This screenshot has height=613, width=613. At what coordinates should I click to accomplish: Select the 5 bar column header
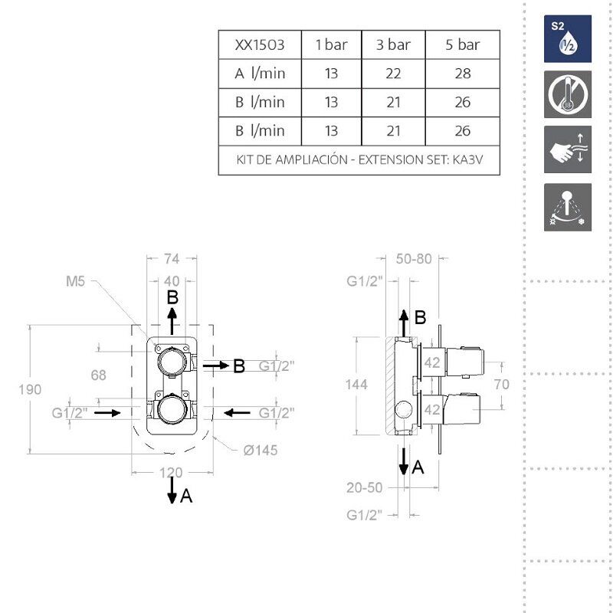pos(462,45)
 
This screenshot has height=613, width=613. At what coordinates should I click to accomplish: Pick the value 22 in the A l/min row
pos(393,74)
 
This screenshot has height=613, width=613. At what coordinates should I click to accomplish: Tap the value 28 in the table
pos(462,74)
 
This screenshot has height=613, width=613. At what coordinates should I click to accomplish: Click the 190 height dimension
pos(29,389)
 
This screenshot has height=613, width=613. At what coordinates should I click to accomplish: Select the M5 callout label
pos(74,281)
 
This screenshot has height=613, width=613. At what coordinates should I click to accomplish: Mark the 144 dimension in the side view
pos(356,384)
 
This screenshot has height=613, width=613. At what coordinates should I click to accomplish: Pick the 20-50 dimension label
pos(364,487)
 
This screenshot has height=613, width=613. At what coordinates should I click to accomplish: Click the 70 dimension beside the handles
pos(501,385)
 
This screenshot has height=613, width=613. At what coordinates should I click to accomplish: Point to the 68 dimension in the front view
pos(98,375)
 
